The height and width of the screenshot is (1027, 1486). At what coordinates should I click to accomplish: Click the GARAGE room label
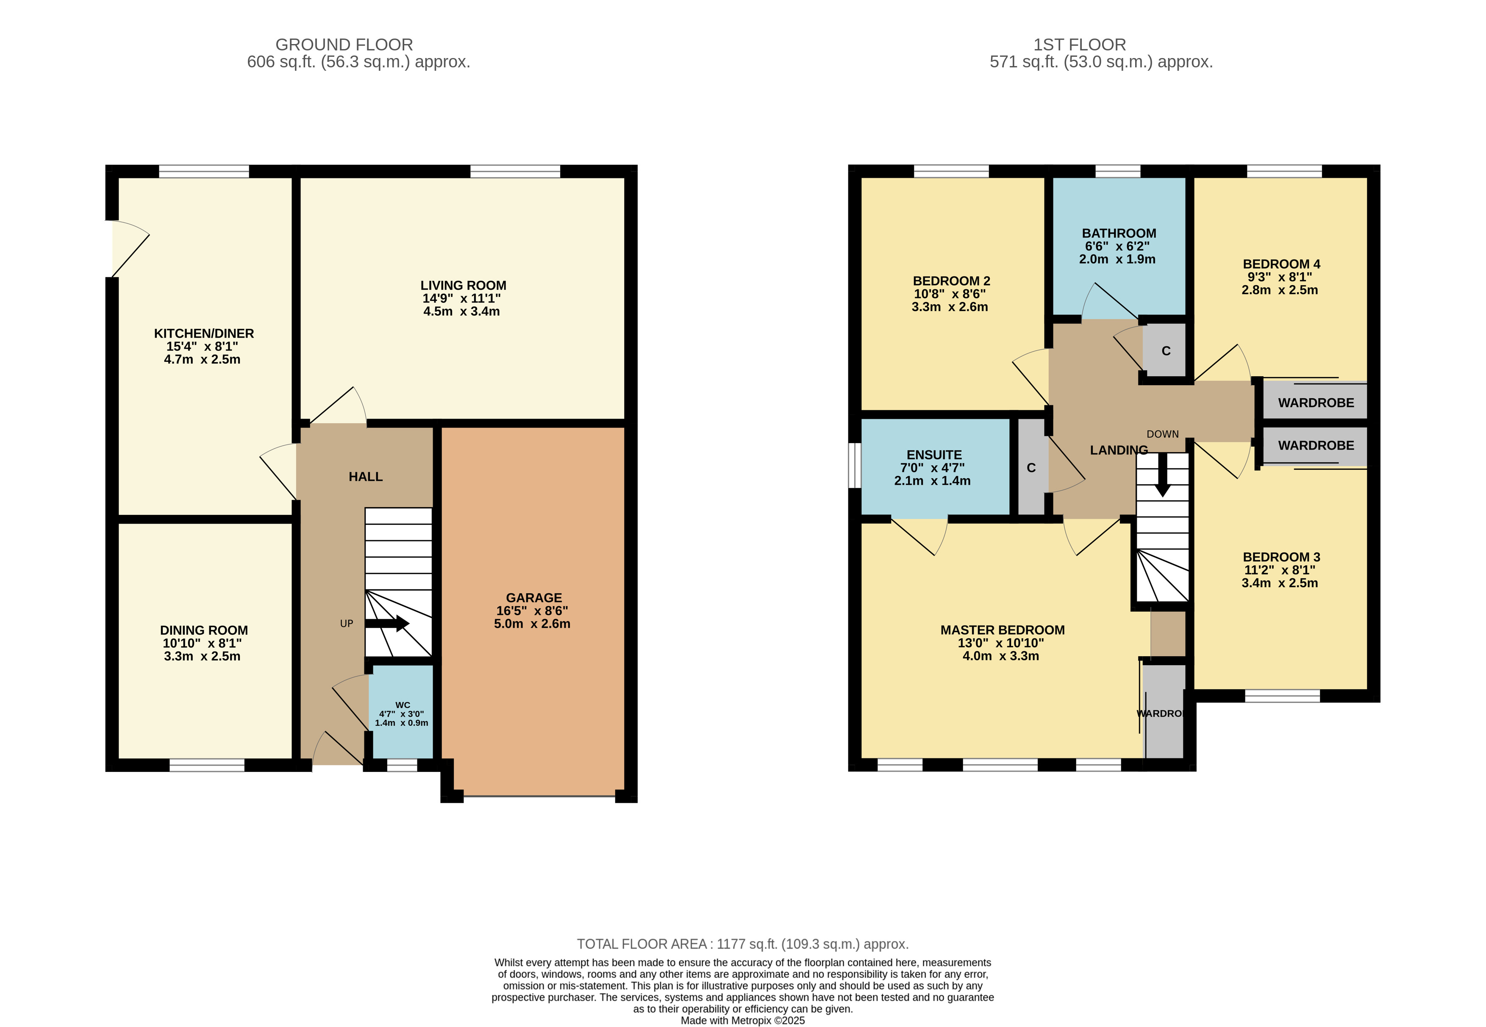(533, 598)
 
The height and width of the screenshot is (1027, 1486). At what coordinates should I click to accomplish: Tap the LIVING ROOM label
(464, 285)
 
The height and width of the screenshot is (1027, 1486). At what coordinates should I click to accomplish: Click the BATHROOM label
(1119, 233)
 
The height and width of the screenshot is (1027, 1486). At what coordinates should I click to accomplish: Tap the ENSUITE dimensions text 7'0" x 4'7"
(933, 468)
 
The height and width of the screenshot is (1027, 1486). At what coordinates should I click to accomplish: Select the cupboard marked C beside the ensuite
(1031, 467)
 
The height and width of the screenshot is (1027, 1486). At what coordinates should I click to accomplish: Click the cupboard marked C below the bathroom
(1166, 351)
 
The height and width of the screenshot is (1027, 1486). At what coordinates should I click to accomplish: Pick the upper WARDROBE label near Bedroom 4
(1316, 403)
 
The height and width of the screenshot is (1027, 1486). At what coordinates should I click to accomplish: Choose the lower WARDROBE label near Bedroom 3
(1316, 445)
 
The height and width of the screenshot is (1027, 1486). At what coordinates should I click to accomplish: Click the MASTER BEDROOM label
(1002, 630)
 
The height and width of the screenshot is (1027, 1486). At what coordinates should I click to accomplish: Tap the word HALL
(366, 477)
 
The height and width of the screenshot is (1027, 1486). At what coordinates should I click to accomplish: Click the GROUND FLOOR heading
(344, 44)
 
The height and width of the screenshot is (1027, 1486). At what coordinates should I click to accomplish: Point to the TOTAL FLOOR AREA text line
(743, 944)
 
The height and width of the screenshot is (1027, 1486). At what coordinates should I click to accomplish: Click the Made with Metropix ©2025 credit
(743, 1020)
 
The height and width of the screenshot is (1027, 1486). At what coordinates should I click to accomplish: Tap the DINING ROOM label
(204, 630)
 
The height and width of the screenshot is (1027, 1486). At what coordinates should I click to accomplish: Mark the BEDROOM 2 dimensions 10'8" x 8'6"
(950, 294)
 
